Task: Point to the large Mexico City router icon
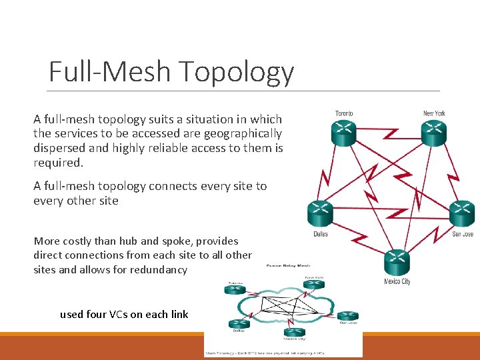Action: point(397,262)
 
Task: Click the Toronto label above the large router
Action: point(345,113)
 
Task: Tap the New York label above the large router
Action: point(434,113)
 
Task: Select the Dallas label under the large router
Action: point(321,234)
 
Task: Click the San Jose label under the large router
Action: point(463,234)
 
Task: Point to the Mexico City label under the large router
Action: point(397,281)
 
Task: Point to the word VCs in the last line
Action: point(119,314)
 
